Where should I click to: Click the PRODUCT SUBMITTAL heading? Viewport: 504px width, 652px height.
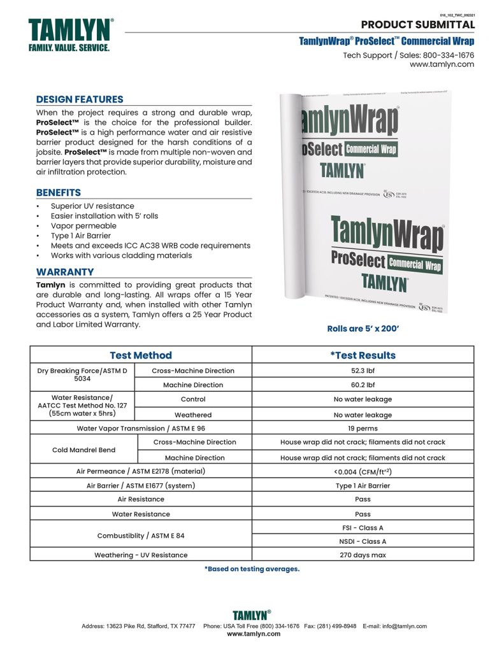[417, 25]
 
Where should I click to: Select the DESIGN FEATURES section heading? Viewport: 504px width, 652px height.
[80, 99]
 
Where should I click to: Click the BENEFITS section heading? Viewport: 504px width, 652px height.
[59, 192]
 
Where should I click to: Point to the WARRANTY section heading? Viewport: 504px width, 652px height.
[65, 272]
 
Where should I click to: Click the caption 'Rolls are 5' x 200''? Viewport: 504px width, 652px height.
[363, 329]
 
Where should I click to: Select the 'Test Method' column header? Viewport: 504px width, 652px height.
[141, 355]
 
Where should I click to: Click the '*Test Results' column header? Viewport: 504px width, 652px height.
[363, 355]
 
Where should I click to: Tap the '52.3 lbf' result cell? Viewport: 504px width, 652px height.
[363, 371]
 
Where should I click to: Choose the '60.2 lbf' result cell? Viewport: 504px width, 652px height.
[363, 385]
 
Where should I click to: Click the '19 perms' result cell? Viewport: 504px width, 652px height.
[363, 429]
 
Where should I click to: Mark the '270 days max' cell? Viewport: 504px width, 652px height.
[363, 555]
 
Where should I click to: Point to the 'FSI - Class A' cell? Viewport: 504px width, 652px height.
[363, 528]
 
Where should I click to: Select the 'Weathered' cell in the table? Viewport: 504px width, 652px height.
[193, 415]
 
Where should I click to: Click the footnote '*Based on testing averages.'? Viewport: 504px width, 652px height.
[252, 569]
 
